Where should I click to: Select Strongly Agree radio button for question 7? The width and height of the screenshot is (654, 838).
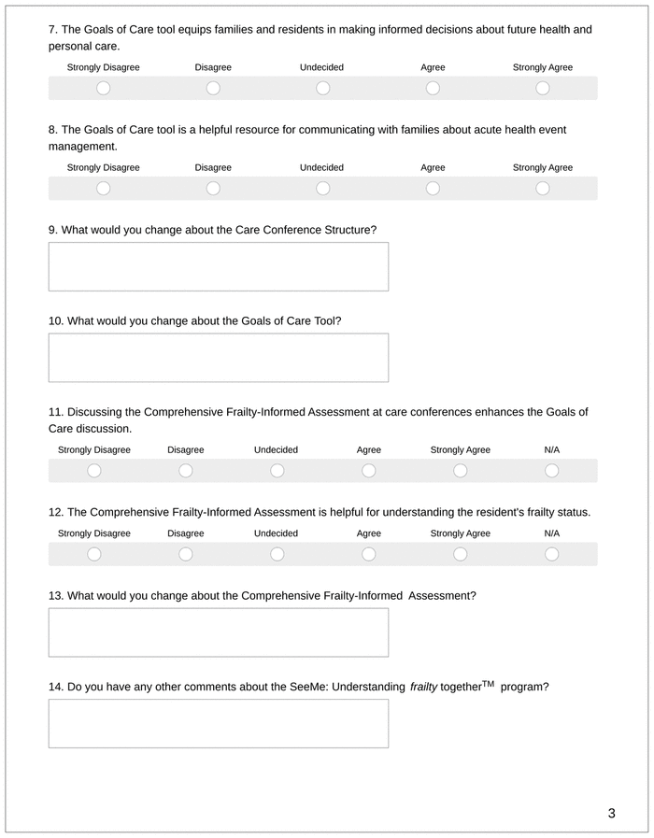coord(543,88)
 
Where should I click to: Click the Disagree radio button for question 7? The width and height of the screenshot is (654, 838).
coord(213,88)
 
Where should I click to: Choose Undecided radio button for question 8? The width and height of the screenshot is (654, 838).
coord(322,188)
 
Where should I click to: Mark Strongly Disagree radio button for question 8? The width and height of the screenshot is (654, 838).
coord(103,188)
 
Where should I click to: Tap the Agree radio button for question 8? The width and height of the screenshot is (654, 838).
coord(433,188)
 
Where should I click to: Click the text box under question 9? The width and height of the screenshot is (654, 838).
coord(218,267)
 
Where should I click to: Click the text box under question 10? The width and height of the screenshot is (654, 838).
coord(218,358)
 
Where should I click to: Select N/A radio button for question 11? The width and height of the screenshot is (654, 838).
coord(551,470)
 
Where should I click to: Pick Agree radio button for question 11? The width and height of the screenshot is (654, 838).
coord(369,470)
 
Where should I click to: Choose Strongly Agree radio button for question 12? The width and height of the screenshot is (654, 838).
coord(460,554)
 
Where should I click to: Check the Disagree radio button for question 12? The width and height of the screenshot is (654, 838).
coord(186,554)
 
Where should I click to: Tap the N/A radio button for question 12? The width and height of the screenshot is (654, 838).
coord(551,554)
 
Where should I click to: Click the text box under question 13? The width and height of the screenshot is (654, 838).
coord(218,632)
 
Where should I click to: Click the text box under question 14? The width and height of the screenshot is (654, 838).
coord(218,723)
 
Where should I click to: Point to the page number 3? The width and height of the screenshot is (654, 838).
coord(611,813)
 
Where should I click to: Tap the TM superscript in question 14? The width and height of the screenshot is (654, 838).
coord(488,683)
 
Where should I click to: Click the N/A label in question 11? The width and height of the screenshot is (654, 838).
coord(551,450)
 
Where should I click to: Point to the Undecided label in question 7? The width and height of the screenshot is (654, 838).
coord(321,67)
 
